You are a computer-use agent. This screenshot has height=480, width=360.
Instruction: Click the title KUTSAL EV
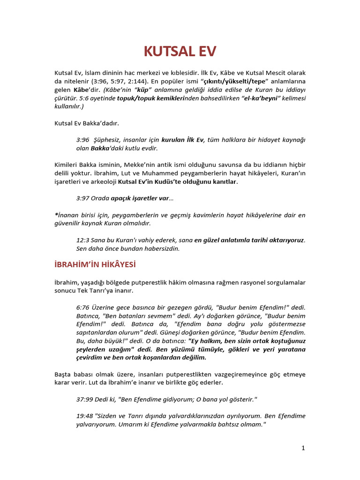tap(180, 51)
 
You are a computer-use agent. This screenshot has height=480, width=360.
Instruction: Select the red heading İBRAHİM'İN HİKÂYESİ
tap(95, 265)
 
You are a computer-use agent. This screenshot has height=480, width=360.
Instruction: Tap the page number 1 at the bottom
tap(303, 448)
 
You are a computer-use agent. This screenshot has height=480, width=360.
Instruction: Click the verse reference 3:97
tap(83, 198)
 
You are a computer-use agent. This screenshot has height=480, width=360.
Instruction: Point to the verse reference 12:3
tap(83, 240)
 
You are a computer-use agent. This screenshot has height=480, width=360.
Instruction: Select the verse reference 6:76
tap(83, 307)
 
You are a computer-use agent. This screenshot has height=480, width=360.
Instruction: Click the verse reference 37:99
tap(85, 399)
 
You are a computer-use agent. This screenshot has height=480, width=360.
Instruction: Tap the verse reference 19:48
tap(85, 416)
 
